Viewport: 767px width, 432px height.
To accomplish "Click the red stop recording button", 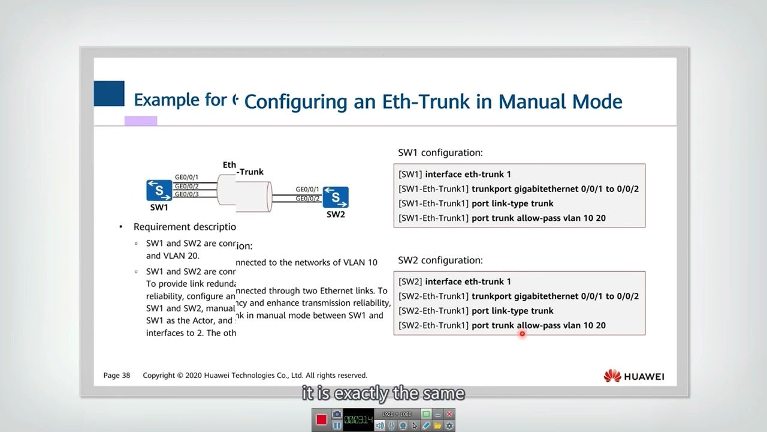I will tap(322, 419).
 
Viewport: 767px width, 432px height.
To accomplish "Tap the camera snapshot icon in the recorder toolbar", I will tap(337, 414).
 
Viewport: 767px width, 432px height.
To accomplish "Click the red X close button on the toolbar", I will tap(449, 414).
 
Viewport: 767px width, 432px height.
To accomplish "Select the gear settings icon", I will tap(449, 425).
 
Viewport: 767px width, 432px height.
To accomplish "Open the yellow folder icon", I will tap(438, 425).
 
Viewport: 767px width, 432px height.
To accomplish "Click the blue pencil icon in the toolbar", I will tap(426, 425).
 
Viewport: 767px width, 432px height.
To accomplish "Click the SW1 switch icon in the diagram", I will tap(159, 191).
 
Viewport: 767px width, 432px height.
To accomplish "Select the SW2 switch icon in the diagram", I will tap(336, 197).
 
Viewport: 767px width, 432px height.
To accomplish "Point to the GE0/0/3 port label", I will tap(186, 194).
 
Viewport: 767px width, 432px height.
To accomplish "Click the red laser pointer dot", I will tap(522, 334).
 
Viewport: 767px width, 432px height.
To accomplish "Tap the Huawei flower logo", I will tap(612, 376).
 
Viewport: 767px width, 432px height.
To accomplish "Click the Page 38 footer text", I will tap(117, 376).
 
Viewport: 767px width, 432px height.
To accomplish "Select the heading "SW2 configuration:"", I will tap(440, 260).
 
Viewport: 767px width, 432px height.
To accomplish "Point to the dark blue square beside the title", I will tap(109, 94).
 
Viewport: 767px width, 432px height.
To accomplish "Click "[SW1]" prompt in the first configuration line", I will tap(410, 175).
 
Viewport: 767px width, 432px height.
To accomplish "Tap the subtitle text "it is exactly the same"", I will tap(383, 394).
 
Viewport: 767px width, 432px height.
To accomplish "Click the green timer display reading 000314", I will tap(359, 419).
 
